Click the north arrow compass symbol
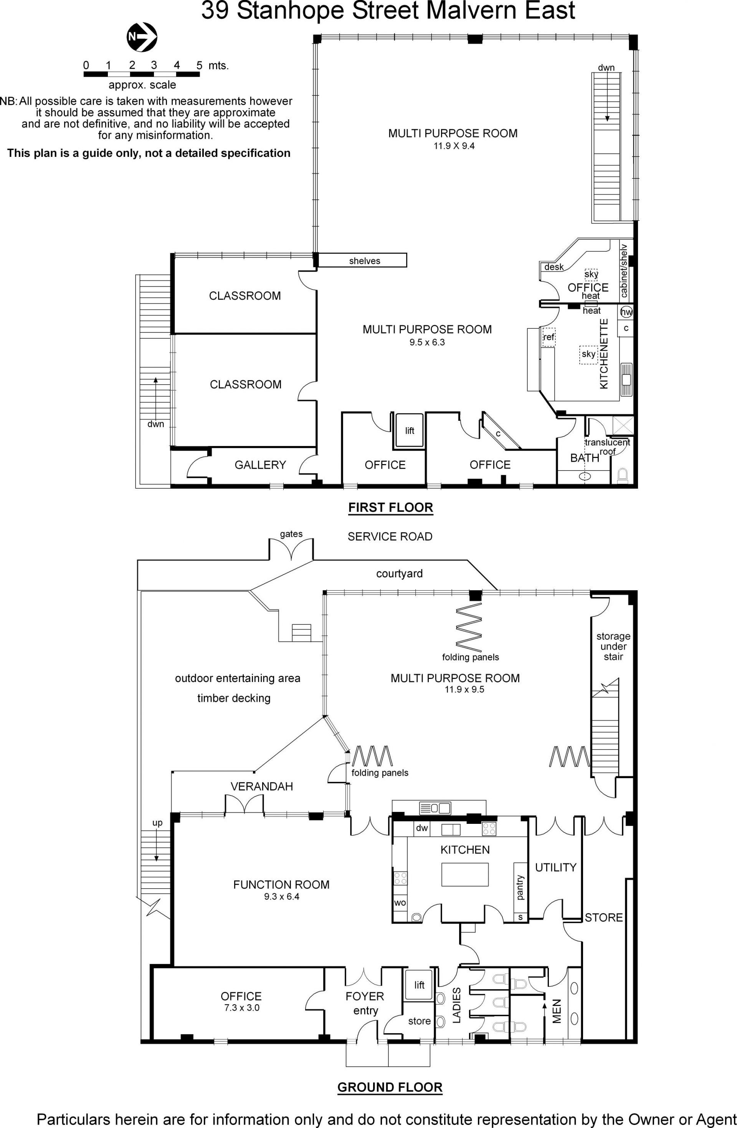point(142,37)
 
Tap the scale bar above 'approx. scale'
point(142,74)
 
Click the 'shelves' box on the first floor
point(362,260)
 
